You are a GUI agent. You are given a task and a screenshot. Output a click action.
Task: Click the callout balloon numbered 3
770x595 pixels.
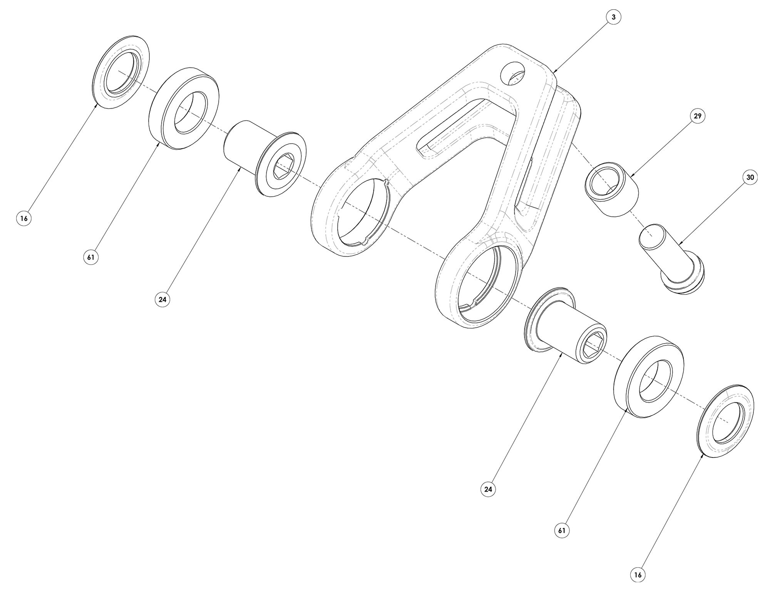[614, 18]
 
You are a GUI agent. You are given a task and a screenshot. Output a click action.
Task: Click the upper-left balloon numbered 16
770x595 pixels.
[24, 218]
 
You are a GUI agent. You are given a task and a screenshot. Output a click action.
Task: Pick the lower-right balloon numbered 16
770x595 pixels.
[638, 586]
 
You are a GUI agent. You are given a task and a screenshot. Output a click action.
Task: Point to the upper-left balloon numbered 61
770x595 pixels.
[90, 257]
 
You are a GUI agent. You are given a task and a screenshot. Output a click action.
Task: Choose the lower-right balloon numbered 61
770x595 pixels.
[562, 530]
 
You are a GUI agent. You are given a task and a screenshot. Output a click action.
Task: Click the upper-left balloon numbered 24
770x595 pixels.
[162, 299]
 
